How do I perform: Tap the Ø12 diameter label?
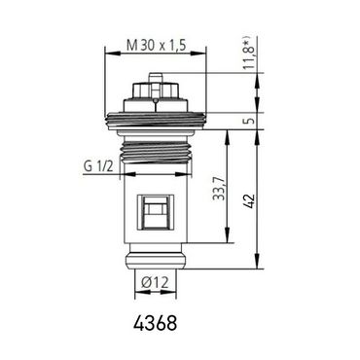(x=155, y=282)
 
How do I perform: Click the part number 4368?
(x=156, y=320)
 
